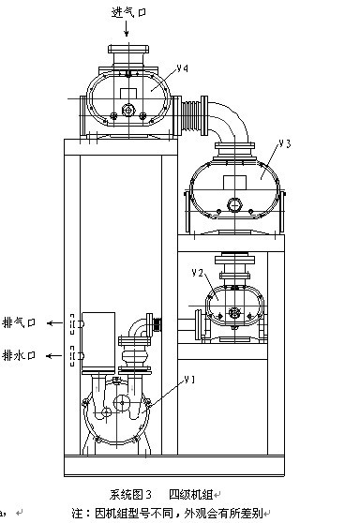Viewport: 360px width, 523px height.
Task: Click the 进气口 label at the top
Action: (128, 12)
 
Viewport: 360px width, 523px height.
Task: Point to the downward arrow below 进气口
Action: (127, 28)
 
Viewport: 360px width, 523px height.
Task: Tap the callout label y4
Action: (183, 68)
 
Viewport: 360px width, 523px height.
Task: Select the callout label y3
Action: (285, 143)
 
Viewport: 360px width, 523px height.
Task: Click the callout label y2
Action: (198, 273)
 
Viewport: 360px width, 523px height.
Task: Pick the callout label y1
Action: (189, 380)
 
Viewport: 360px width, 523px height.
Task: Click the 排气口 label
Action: (19, 322)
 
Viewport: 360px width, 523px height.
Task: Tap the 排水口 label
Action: (19, 355)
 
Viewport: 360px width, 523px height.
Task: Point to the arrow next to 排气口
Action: (54, 322)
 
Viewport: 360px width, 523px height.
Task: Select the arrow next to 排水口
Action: (54, 356)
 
